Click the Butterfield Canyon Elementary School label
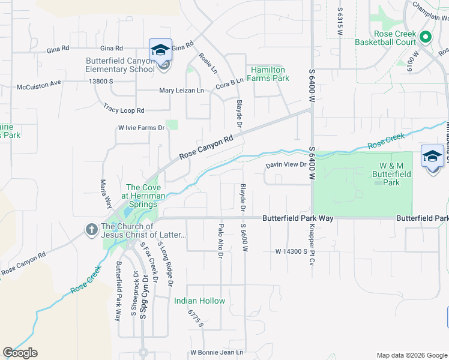tap(120, 65)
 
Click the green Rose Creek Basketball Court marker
tap(425, 37)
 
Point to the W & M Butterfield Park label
tap(394, 173)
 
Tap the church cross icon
tap(91, 229)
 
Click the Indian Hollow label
tap(200, 301)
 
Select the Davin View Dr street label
tap(286, 164)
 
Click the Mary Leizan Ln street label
tap(181, 91)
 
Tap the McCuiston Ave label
tap(39, 84)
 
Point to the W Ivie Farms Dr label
tap(141, 128)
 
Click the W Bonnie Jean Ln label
tap(217, 352)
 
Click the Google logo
tap(20, 353)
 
